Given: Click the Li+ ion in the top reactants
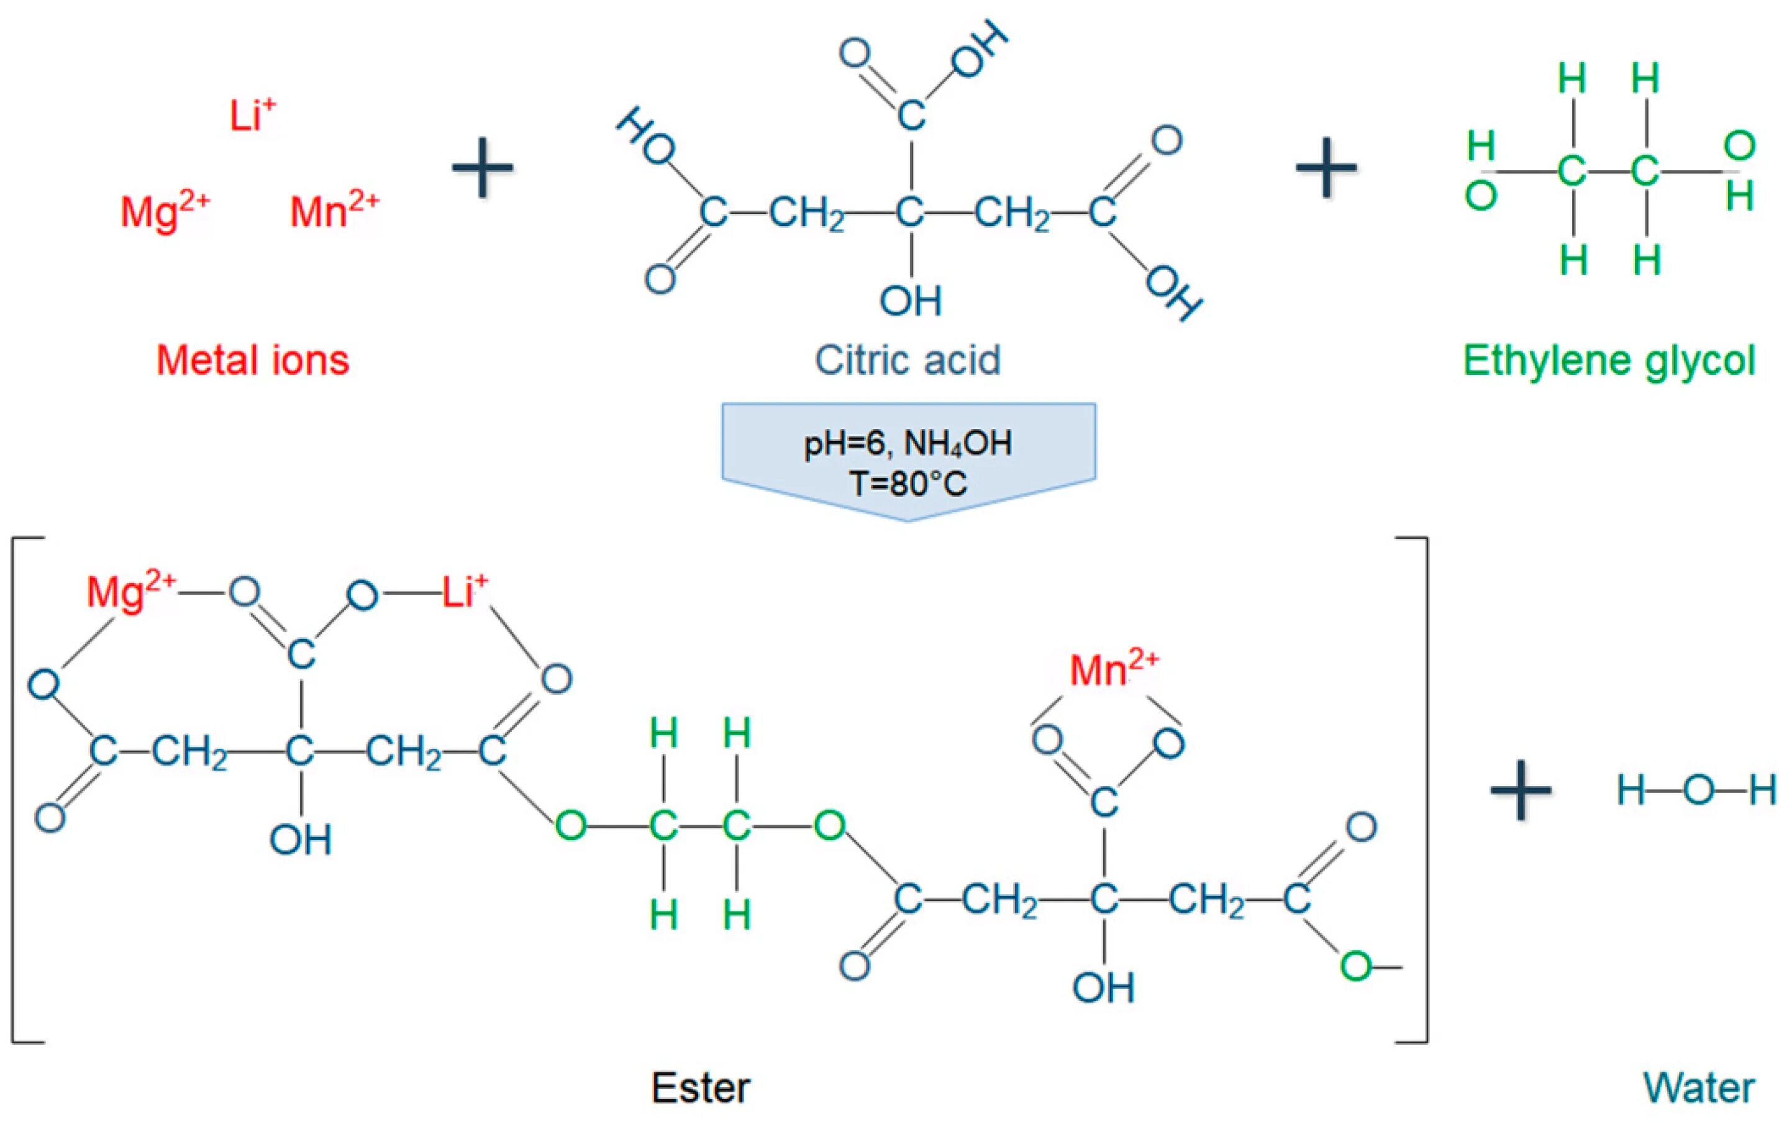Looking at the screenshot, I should point(252,116).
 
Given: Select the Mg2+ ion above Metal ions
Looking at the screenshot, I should point(165,210).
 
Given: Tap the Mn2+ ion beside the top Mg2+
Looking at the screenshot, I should point(334,210).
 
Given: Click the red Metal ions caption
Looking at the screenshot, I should point(252,361).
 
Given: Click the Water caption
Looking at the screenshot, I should point(1699,1088).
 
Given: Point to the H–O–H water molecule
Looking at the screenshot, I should point(1698,790).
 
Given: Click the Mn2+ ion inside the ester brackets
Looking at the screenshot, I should point(1113,669).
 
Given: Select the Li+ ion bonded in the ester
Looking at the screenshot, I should point(465,592).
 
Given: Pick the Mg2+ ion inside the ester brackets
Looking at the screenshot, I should point(131,592).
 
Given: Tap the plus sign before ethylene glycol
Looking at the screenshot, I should point(1326,168).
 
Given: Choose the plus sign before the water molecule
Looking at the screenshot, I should point(1521,790).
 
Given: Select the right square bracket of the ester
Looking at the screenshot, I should point(1422,789).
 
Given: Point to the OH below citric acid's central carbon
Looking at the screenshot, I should point(910,301).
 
